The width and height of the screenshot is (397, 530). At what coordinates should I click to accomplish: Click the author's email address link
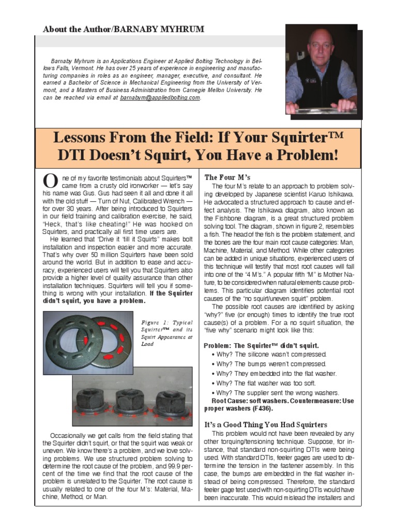click(160, 97)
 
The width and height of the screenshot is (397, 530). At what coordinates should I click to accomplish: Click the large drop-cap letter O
click(50, 181)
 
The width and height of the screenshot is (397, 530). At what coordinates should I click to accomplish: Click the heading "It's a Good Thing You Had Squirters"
click(266, 425)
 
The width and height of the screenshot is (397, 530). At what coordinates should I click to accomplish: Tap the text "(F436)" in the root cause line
click(262, 408)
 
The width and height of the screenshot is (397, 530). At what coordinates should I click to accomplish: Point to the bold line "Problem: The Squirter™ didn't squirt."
click(261, 345)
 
